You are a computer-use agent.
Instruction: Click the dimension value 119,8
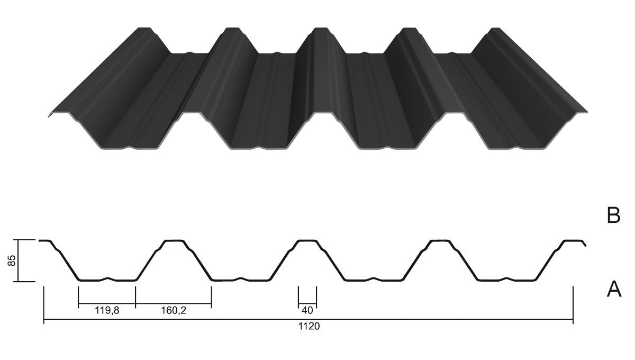(107, 310)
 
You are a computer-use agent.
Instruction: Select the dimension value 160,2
(174, 310)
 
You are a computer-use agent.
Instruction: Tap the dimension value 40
(307, 310)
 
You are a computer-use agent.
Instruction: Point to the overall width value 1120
(309, 326)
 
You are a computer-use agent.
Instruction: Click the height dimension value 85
(12, 260)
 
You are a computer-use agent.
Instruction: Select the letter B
(614, 215)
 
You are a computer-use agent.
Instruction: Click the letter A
(614, 289)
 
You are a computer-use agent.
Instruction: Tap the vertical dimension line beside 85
(18, 260)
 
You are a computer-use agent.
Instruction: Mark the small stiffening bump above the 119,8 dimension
(108, 279)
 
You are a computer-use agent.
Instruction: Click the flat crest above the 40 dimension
(307, 240)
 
